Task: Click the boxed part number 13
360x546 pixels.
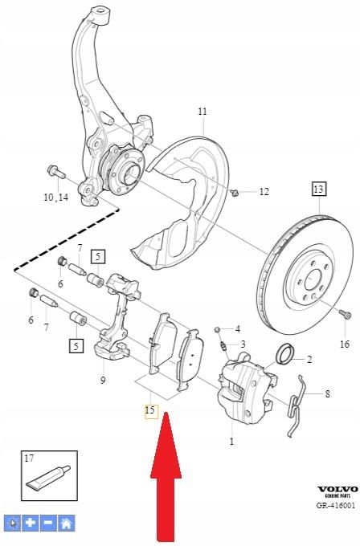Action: pos(319,189)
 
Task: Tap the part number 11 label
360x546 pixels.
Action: pos(202,111)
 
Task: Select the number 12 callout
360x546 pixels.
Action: pos(264,192)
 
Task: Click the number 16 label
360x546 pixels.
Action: pos(345,344)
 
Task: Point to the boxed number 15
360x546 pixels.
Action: pos(149,410)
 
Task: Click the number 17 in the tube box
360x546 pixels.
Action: pos(29,458)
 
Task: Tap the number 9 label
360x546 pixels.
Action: pos(103,380)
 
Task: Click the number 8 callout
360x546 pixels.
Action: pos(327,393)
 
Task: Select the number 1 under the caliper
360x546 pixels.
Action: pos(231,441)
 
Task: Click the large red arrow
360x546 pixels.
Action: pos(165,482)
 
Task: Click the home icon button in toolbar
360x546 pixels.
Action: pos(67,523)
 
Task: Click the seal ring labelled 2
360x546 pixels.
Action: pos(284,352)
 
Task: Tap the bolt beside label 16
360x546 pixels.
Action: pos(344,315)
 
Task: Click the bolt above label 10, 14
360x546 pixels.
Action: pos(55,172)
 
